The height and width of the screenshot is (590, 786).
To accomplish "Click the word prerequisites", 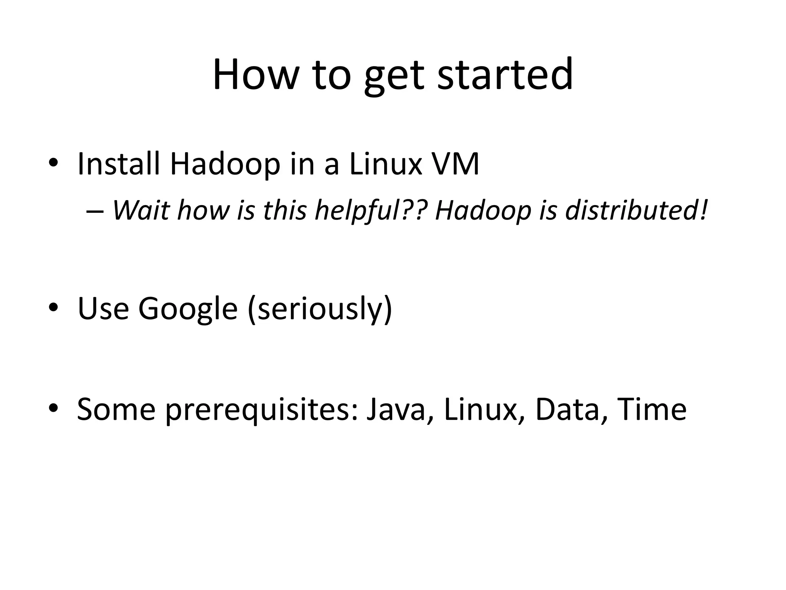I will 263,409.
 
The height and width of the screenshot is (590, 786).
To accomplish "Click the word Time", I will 652,409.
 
